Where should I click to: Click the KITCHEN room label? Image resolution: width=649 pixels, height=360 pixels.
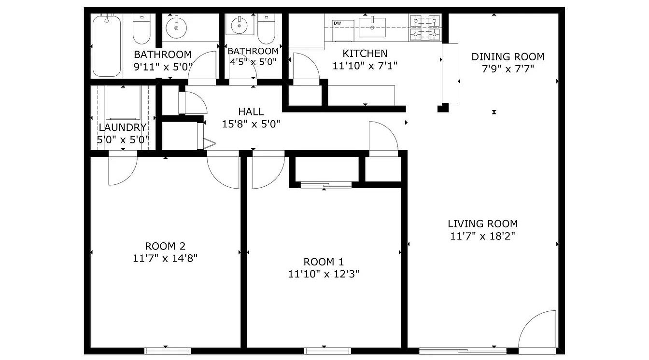click(x=365, y=54)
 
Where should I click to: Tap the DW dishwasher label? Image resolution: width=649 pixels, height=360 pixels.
click(x=337, y=23)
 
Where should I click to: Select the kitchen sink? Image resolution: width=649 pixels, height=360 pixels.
click(x=372, y=27)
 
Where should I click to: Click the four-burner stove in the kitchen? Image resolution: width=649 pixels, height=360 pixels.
click(x=425, y=28)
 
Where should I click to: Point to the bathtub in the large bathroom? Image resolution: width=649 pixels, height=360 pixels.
click(x=107, y=46)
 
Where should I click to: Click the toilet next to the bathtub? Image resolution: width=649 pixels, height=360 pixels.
click(x=141, y=28)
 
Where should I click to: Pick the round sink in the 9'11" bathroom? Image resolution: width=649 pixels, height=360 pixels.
click(x=176, y=28)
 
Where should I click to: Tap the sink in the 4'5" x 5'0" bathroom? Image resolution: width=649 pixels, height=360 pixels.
click(x=240, y=26)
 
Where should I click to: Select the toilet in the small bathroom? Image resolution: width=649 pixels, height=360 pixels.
click(x=266, y=28)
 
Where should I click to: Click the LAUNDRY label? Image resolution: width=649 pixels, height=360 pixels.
click(x=123, y=127)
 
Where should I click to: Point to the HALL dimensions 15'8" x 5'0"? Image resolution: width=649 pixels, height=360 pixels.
click(x=251, y=124)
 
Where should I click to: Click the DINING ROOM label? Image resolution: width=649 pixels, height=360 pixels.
click(x=508, y=57)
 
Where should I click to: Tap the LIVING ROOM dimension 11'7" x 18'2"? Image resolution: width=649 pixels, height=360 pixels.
click(x=483, y=236)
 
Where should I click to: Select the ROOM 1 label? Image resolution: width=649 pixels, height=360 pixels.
click(x=324, y=262)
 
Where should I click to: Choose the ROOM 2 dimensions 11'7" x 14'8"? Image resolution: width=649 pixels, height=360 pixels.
click(x=165, y=258)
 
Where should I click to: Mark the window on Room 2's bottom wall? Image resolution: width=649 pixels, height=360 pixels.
click(x=168, y=351)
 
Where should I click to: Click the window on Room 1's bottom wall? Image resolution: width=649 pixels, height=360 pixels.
click(x=328, y=351)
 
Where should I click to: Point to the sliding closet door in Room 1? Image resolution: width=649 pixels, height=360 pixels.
click(x=326, y=185)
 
